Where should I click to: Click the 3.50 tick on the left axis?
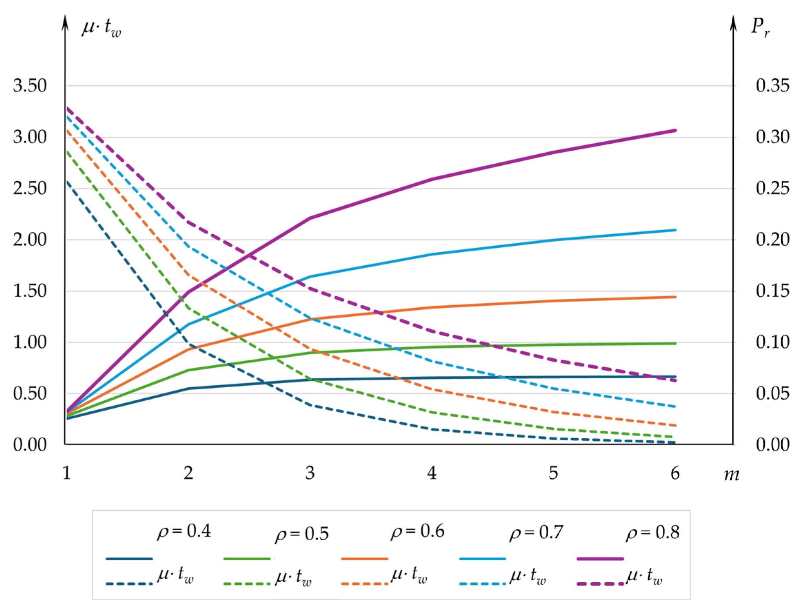(x=30, y=86)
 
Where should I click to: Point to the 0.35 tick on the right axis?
(x=772, y=86)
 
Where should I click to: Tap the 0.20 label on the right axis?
(x=772, y=240)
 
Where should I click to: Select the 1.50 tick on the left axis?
(x=30, y=291)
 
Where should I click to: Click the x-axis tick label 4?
(x=432, y=473)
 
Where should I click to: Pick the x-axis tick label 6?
(x=675, y=473)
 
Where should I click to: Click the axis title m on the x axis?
(x=731, y=475)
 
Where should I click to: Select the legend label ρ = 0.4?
(x=184, y=532)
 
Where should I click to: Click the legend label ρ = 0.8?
(x=652, y=533)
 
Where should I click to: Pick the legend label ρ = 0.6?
(x=418, y=532)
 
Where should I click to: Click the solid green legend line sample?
(x=246, y=559)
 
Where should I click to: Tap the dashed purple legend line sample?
(x=600, y=584)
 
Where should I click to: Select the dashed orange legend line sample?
(x=365, y=584)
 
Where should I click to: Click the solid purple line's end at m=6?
(x=675, y=130)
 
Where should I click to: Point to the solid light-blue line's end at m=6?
(x=675, y=230)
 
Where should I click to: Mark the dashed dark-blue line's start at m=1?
(x=68, y=181)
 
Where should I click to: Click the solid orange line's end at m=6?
(x=675, y=297)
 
